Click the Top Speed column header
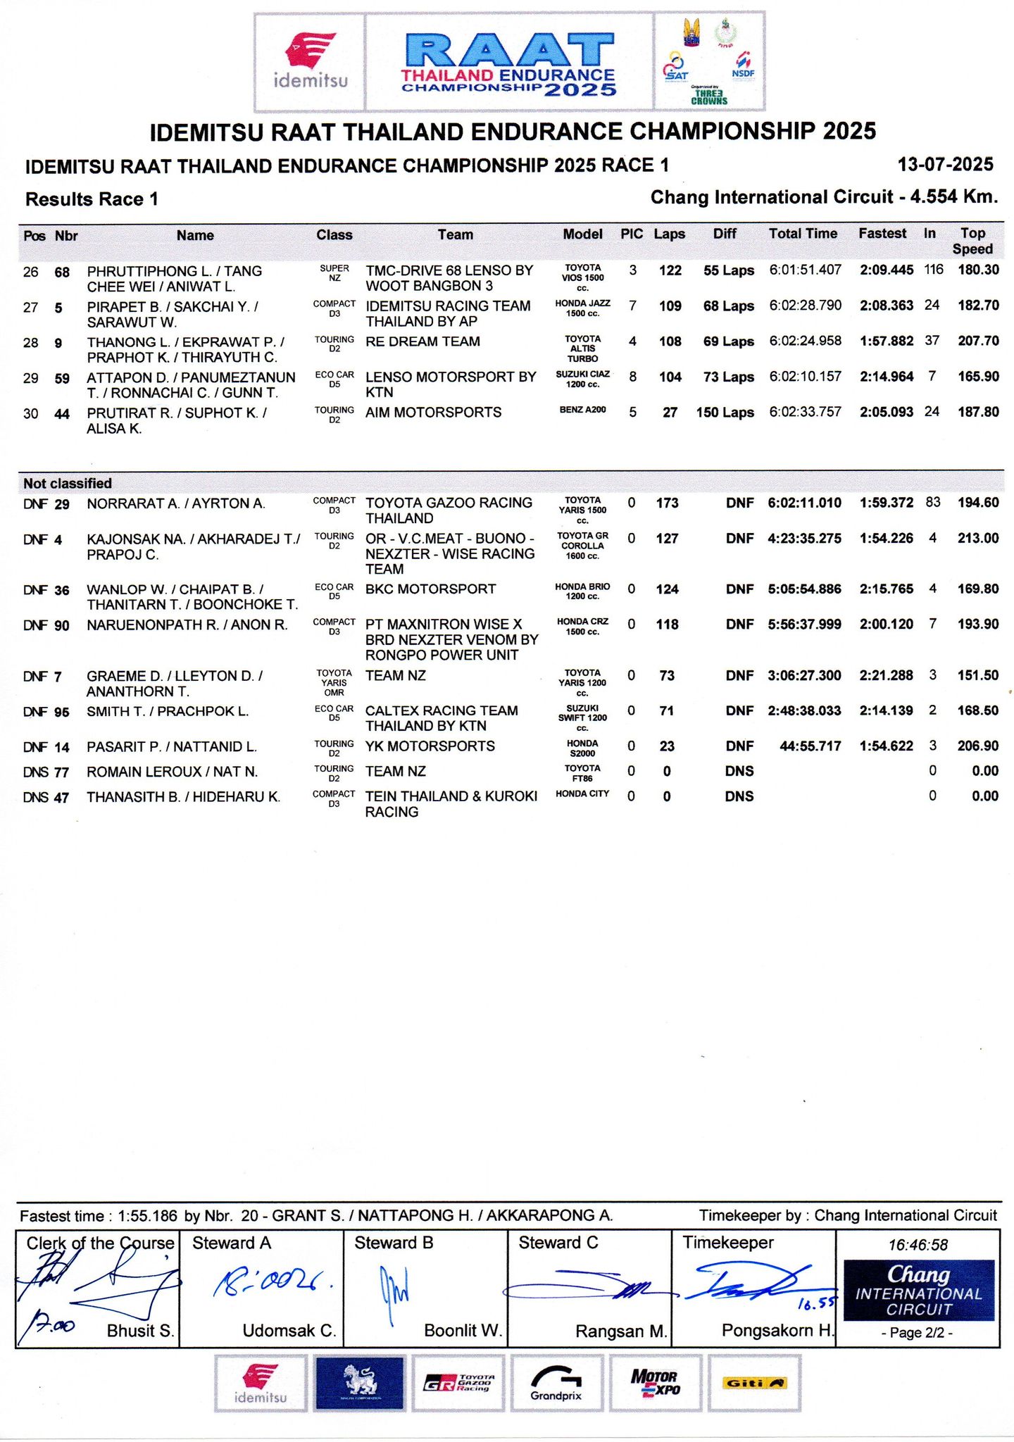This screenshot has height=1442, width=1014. click(x=972, y=241)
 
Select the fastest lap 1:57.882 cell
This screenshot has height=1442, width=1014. click(x=886, y=341)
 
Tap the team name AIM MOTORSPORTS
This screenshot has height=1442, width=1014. click(x=433, y=413)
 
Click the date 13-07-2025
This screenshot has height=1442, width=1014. click(x=945, y=165)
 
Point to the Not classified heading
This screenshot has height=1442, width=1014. click(x=68, y=483)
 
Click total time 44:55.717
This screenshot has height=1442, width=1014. click(x=810, y=746)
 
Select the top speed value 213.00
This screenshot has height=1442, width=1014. click(x=977, y=539)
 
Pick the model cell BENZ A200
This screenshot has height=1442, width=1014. click(x=582, y=410)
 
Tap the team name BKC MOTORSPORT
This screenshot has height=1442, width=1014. click(x=430, y=589)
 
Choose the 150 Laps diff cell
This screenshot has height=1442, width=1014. click(x=725, y=413)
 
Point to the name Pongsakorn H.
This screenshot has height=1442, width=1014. click(x=777, y=1330)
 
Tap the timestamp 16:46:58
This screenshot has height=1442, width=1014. click(x=918, y=1245)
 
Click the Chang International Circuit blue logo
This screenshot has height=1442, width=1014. click(x=918, y=1291)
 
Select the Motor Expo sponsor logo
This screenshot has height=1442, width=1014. click(x=654, y=1384)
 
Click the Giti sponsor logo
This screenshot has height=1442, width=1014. click(x=754, y=1384)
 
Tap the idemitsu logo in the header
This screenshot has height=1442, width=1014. click(x=310, y=62)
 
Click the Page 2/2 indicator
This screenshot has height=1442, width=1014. click(x=918, y=1333)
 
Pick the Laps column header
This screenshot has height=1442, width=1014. click(x=669, y=234)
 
